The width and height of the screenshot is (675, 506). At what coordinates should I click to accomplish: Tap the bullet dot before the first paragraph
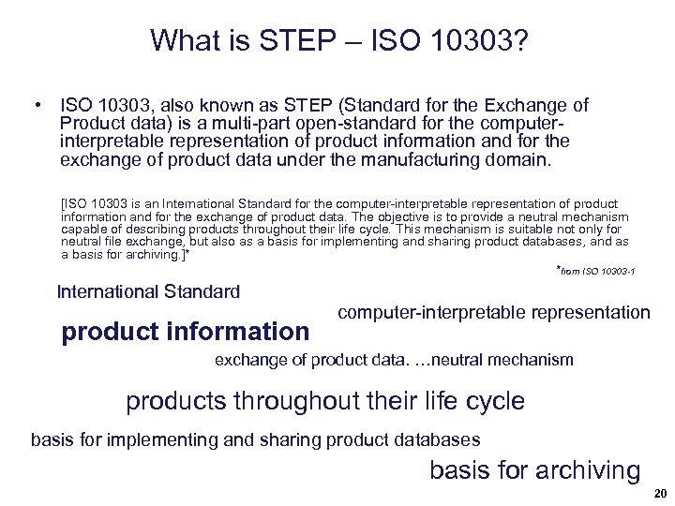tap(34, 105)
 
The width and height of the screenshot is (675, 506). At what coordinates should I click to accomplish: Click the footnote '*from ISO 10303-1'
tap(596, 272)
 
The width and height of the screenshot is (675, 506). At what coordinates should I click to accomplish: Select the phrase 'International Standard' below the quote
tap(148, 291)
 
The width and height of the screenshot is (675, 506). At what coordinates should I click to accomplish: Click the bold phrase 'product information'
tap(185, 332)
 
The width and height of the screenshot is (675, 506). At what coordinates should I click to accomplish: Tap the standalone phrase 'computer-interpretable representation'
tap(493, 313)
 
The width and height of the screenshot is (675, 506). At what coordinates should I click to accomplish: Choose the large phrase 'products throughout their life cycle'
tap(325, 401)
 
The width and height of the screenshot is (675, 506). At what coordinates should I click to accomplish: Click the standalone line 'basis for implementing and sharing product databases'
tap(255, 439)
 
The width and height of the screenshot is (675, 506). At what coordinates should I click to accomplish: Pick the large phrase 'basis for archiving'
tap(534, 470)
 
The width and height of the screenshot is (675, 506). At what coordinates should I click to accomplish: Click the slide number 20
tap(659, 494)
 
